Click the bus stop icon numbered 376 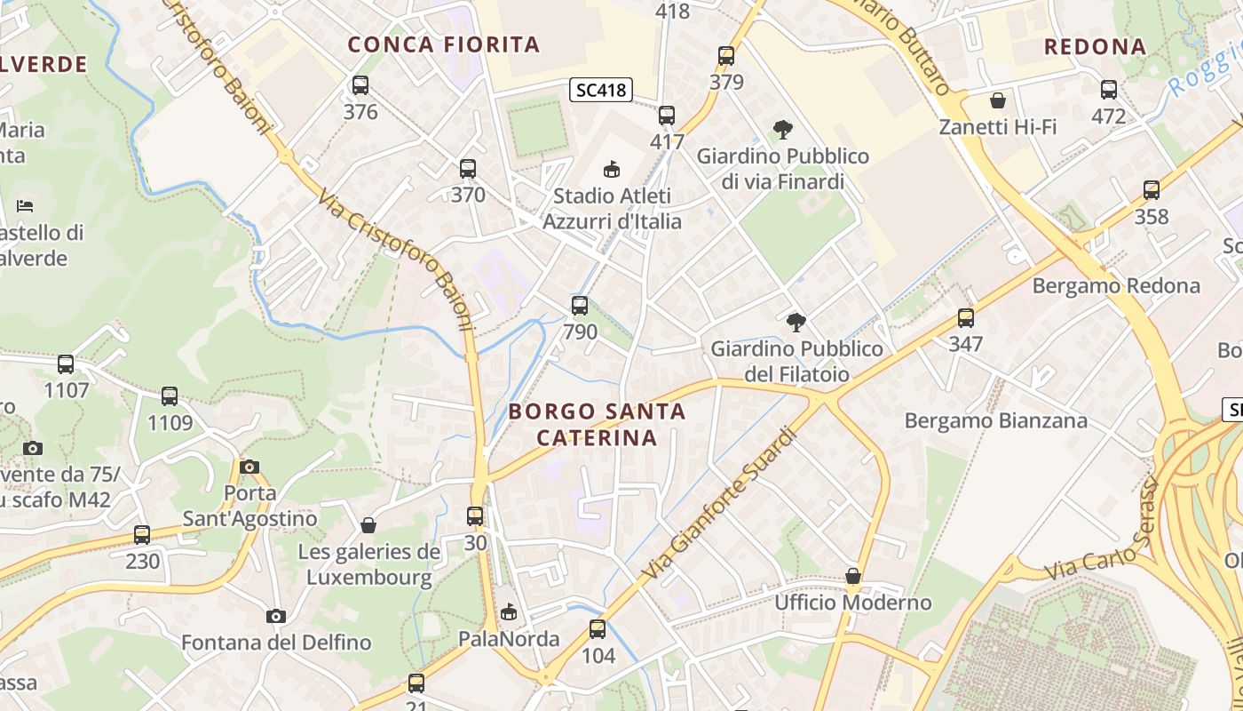click(360, 85)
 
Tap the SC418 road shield click(601, 89)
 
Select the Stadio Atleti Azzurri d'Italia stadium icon click(611, 168)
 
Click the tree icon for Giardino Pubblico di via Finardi click(782, 130)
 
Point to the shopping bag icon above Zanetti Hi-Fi click(998, 100)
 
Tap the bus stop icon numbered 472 click(1108, 89)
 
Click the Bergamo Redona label click(1116, 286)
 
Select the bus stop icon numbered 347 click(965, 317)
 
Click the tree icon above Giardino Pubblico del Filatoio click(796, 322)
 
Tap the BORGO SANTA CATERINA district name click(597, 424)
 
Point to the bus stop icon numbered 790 click(580, 306)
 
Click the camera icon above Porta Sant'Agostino click(249, 467)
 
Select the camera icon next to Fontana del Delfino click(276, 616)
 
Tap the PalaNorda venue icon click(509, 611)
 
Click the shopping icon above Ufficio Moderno click(853, 576)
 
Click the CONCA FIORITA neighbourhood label click(443, 44)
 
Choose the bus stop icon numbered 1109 click(170, 395)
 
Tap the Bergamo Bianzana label click(995, 420)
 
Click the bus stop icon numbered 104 click(598, 629)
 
